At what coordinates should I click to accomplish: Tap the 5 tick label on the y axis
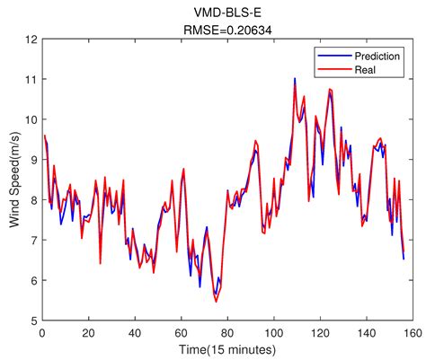(x=32, y=320)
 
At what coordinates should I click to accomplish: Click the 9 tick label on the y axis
(x=32, y=160)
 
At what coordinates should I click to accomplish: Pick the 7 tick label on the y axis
(x=32, y=241)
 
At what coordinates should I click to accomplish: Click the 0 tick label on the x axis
(x=41, y=332)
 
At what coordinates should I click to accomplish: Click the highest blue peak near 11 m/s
(x=295, y=79)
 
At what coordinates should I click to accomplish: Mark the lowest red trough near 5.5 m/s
(x=216, y=301)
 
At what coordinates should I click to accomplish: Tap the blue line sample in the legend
(x=329, y=56)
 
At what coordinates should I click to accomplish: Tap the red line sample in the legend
(x=329, y=68)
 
